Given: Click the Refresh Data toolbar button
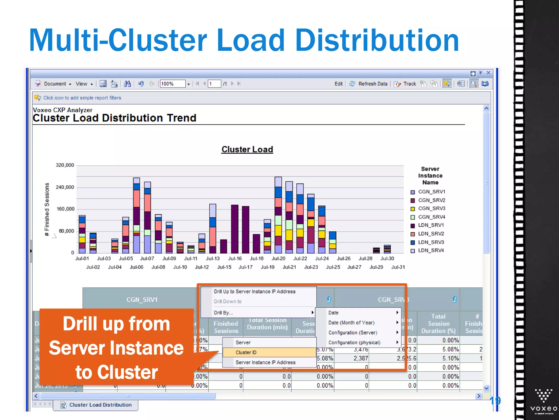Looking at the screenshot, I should (x=372, y=84).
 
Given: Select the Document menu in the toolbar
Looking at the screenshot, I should (x=55, y=84).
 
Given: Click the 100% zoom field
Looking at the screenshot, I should (x=173, y=84).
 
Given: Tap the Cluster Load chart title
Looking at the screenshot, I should (x=247, y=149).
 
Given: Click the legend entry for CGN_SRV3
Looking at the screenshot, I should (x=431, y=209).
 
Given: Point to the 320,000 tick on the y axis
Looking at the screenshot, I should (x=65, y=165).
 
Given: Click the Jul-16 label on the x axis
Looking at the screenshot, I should (x=235, y=259).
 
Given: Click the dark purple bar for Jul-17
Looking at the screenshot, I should (x=245, y=230).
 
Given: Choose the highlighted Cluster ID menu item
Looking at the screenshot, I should (x=246, y=352).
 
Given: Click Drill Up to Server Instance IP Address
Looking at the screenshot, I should (x=254, y=291).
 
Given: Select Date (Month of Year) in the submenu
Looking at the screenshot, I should (x=351, y=323).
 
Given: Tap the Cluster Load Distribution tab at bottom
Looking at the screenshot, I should (x=100, y=405).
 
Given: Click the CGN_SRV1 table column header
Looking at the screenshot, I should (x=142, y=300).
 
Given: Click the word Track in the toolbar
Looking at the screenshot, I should (x=410, y=84).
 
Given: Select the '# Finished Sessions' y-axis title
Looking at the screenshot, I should (x=47, y=209).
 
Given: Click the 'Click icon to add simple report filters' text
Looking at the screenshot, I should (x=82, y=98).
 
